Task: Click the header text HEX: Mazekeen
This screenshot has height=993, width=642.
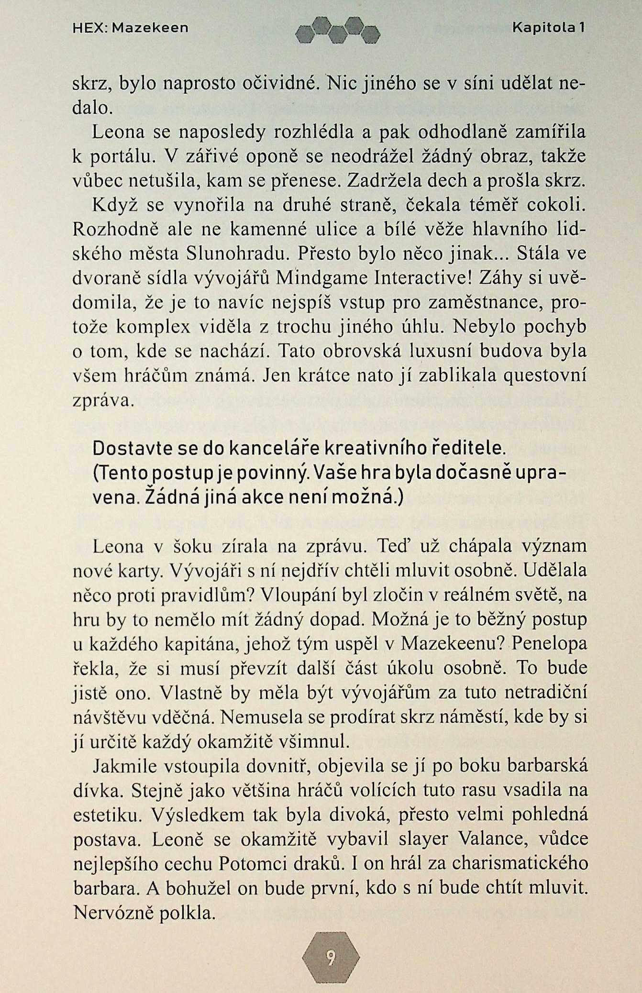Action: click(x=130, y=28)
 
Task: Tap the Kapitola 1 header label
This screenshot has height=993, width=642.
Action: click(x=548, y=28)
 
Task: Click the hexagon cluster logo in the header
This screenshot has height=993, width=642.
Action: click(x=337, y=31)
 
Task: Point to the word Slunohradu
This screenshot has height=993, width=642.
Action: click(x=233, y=254)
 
